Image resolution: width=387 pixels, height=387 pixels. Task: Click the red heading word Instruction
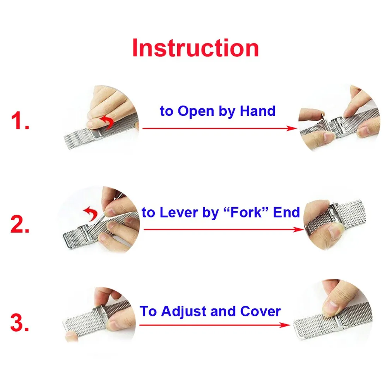tap(195, 48)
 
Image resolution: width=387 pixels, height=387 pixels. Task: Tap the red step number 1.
tap(20, 121)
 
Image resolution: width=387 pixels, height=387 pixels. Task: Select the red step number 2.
tap(20, 224)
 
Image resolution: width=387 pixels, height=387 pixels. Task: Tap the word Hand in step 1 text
tap(258, 111)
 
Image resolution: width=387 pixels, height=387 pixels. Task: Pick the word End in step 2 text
tap(286, 212)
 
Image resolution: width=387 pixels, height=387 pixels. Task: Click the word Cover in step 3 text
tap(260, 311)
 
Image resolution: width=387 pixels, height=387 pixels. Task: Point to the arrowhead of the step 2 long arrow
tap(300, 229)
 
